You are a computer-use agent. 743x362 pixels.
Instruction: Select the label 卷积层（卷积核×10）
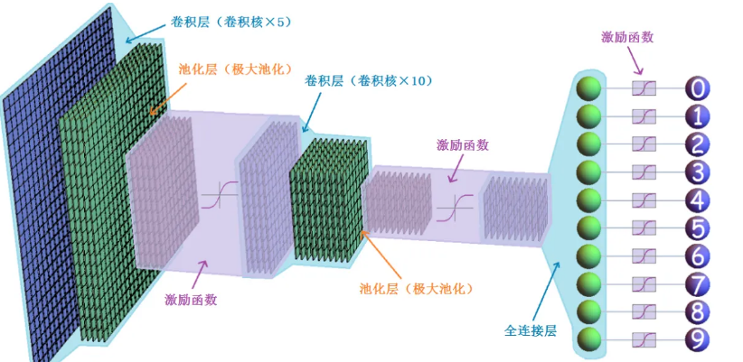pos(370,80)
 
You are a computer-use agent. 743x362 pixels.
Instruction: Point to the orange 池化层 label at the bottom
pos(416,289)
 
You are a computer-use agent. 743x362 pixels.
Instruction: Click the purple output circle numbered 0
pos(699,88)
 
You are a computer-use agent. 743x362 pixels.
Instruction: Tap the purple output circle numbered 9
pos(699,340)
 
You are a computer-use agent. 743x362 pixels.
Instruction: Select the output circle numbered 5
pos(699,227)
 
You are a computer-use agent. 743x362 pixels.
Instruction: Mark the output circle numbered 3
pos(699,172)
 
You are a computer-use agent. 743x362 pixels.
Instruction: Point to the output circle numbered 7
pos(699,284)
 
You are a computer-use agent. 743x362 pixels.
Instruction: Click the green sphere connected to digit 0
pos(589,88)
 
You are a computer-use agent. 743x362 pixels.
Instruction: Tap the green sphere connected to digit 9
pos(589,340)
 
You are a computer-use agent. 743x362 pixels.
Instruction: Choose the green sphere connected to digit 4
pos(589,200)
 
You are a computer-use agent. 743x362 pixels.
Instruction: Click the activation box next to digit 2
pos(644,144)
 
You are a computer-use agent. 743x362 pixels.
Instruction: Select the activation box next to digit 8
pos(644,312)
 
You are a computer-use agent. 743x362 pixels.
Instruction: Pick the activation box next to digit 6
pos(644,256)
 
